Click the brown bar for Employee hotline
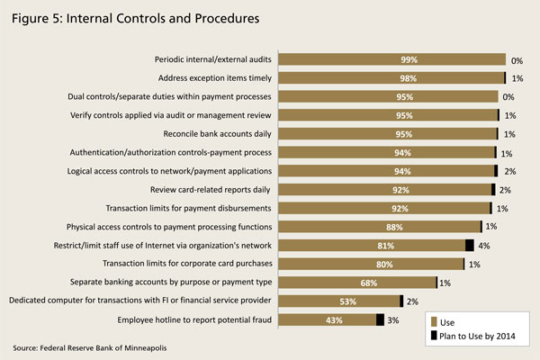coord(306,319)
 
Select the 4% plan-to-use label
coord(483,245)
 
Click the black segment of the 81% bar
coord(470,245)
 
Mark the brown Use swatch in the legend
coord(436,319)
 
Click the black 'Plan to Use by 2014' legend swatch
coord(436,336)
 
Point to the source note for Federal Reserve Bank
coord(90,347)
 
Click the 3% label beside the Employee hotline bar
coord(394,319)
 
